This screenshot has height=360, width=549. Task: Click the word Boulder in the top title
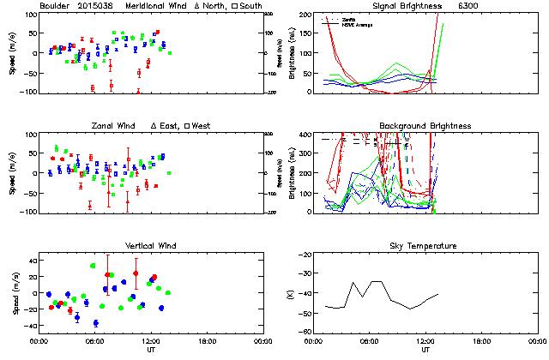(x=54, y=6)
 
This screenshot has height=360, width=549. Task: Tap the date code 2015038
(x=97, y=6)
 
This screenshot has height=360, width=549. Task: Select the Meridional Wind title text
(x=154, y=6)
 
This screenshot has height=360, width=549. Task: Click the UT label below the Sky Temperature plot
(x=425, y=350)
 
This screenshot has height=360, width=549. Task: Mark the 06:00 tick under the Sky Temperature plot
(x=371, y=340)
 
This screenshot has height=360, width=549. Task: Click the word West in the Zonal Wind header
(x=202, y=126)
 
